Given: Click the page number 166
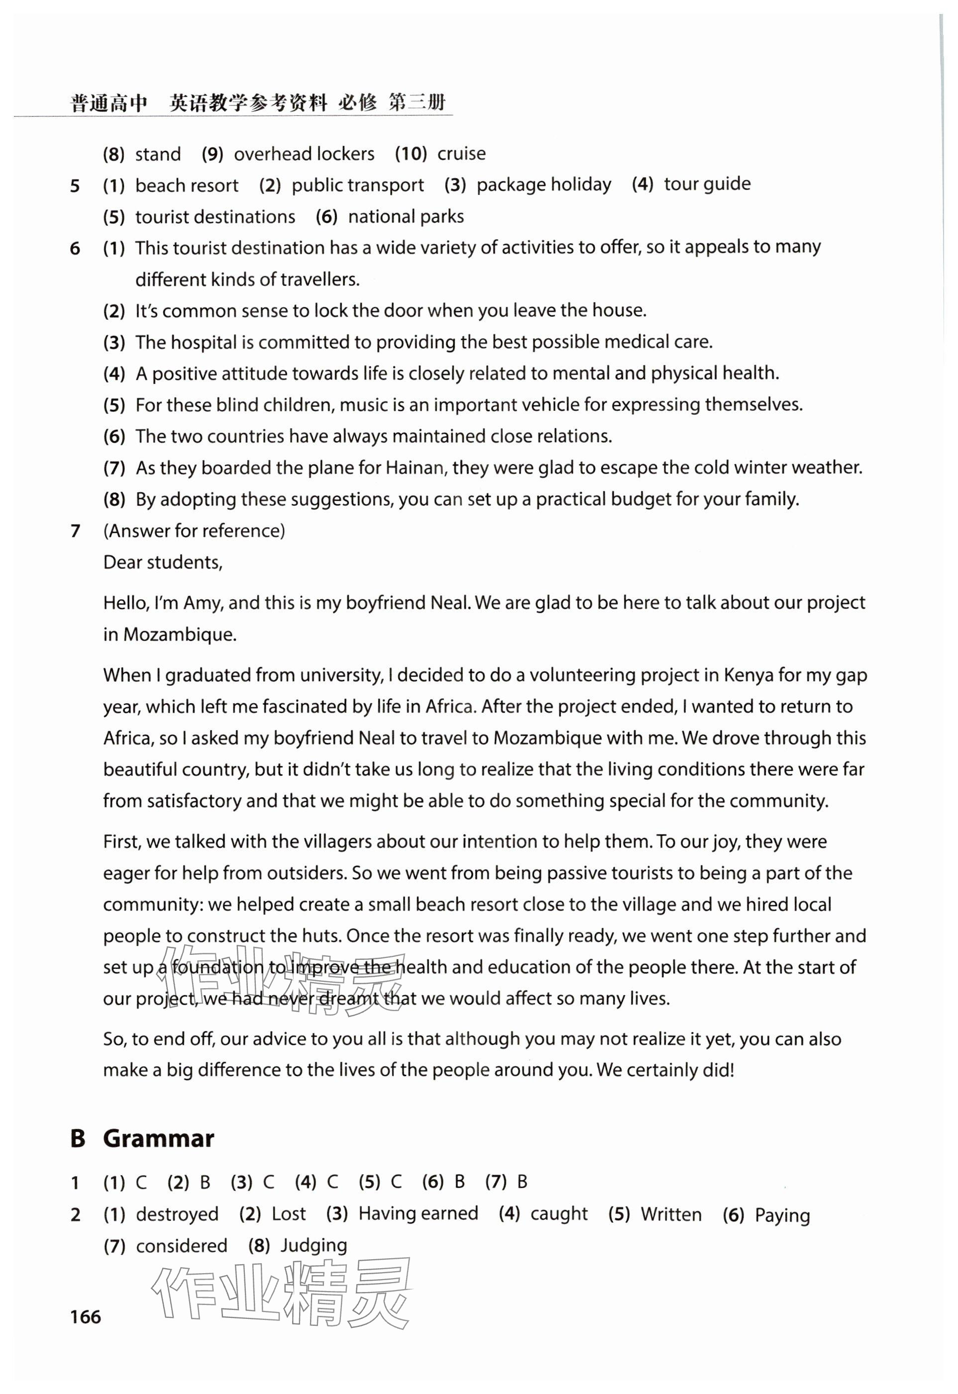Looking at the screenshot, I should click(85, 1316).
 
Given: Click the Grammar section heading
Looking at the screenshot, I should click(158, 1138).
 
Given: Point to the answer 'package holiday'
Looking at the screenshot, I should click(543, 184).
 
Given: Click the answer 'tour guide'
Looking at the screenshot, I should click(707, 184).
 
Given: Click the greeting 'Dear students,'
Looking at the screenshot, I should click(163, 562).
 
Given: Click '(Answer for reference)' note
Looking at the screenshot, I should click(194, 530).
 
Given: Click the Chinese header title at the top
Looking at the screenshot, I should click(258, 103).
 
